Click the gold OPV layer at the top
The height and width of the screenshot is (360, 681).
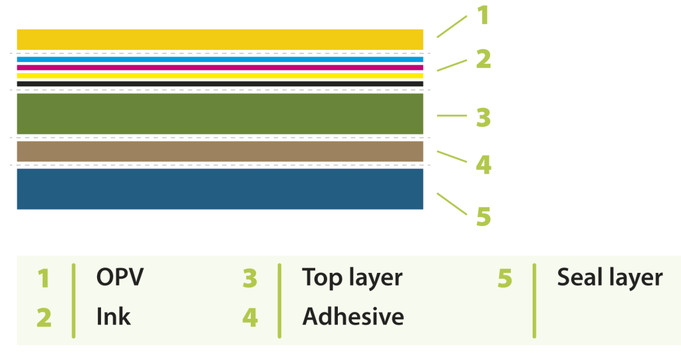[219, 39]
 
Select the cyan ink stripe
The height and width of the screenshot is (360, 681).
[219, 59]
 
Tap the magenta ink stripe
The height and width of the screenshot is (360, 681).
[219, 67]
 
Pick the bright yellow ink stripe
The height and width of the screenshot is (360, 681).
[219, 75]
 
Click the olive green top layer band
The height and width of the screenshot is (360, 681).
[219, 114]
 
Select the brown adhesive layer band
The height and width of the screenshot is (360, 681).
[219, 152]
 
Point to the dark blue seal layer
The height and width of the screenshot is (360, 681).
[219, 189]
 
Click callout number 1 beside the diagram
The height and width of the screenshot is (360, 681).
[483, 15]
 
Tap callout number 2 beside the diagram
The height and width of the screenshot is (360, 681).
[483, 59]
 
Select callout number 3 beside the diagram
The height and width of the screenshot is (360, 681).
[483, 118]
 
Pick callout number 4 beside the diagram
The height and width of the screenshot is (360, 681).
[483, 164]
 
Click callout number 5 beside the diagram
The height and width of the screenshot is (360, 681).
[483, 217]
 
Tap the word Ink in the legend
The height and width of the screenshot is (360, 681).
[113, 317]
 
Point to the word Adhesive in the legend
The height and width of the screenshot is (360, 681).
[353, 317]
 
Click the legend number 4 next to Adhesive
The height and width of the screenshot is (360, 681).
[249, 317]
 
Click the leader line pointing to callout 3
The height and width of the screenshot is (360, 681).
[452, 116]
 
